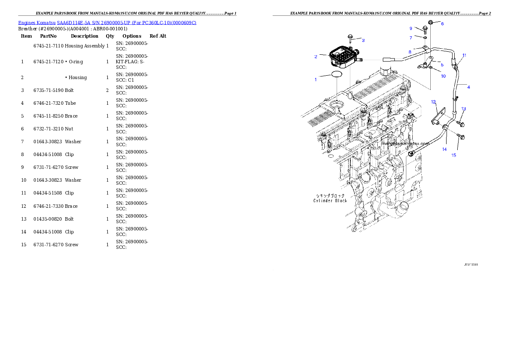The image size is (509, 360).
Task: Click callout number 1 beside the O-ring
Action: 316,80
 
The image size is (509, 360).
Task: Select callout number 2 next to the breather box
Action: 316,56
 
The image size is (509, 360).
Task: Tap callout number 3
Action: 363,40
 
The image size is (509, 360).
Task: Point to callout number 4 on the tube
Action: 468,87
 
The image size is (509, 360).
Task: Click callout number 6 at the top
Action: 442,24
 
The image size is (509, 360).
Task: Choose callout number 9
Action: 411,28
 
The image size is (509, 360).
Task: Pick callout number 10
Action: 443,76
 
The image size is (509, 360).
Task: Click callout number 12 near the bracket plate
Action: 433,102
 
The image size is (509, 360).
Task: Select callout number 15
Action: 454,155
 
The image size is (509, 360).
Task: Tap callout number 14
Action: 444,149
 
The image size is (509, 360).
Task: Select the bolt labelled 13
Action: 460,123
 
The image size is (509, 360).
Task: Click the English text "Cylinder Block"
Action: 330,201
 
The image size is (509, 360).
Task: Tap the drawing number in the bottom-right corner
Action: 471,265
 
